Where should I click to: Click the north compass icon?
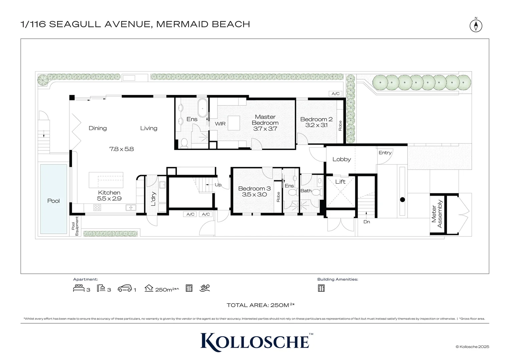[x=476, y=25]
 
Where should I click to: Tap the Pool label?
[x=53, y=201]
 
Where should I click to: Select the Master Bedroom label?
[x=265, y=120]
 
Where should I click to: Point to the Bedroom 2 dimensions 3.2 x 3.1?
[x=316, y=125]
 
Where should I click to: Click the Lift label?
[x=340, y=182]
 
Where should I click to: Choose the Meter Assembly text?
[x=437, y=214]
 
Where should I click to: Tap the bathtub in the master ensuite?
[x=202, y=108]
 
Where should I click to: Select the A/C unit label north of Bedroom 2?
[x=336, y=94]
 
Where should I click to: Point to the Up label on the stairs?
[x=218, y=185]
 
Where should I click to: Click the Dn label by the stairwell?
[x=367, y=222]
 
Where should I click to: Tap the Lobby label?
[x=342, y=159]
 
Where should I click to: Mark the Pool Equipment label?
[x=75, y=226]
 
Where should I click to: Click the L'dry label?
[x=153, y=199]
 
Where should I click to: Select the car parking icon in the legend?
[x=125, y=288]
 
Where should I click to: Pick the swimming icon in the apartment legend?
[x=204, y=288]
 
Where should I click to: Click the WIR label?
[x=220, y=124]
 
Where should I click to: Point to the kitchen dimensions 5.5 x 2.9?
[x=109, y=199]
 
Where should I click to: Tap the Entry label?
[x=385, y=153]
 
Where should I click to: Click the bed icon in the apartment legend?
[x=79, y=288]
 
